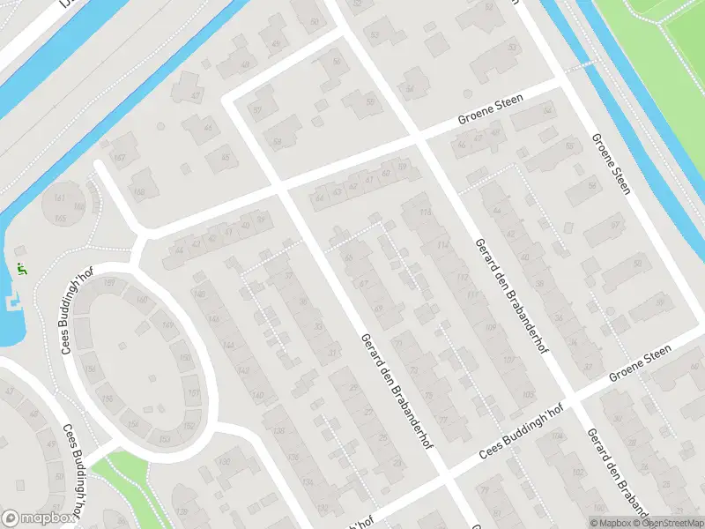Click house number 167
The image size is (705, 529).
pos(120,157)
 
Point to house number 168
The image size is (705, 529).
pos(138,190)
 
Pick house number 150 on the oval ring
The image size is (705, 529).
pos(184,357)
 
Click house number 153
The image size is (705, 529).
pos(165,438)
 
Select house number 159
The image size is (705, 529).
pos(110,282)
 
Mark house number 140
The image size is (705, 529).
pos(258,395)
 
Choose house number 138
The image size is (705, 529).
pos(278,430)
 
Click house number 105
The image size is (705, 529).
pos(528,394)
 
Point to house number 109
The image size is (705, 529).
pos(491,328)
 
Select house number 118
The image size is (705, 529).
pos(427,212)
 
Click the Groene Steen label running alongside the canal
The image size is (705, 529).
pos(611,164)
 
